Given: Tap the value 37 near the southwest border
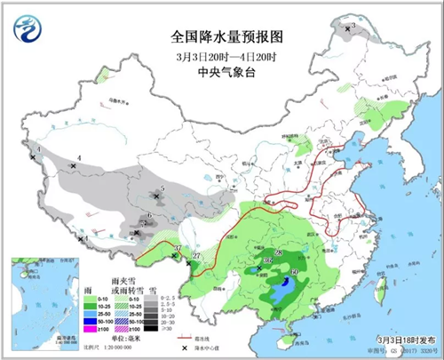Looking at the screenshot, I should coord(178,248).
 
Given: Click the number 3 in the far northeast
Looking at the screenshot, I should coord(352,27).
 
